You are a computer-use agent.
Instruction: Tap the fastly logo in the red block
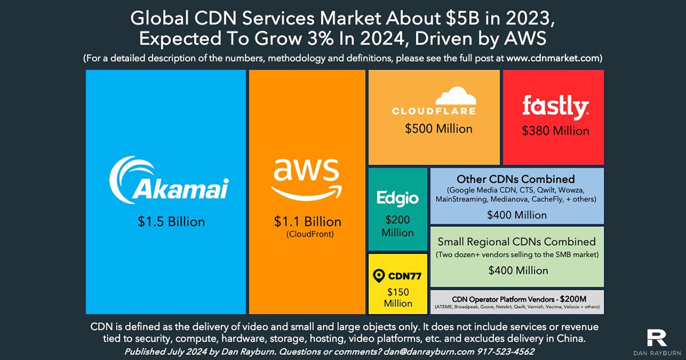click(555, 107)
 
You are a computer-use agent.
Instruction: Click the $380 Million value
click(555, 131)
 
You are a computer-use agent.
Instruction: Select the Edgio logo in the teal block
click(397, 198)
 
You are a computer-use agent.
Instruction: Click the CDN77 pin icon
click(377, 277)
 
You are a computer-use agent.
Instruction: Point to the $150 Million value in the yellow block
click(398, 297)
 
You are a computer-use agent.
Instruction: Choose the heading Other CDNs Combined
click(516, 179)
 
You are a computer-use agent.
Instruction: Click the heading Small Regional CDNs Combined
click(516, 241)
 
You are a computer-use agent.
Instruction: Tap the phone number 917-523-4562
click(499, 351)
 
